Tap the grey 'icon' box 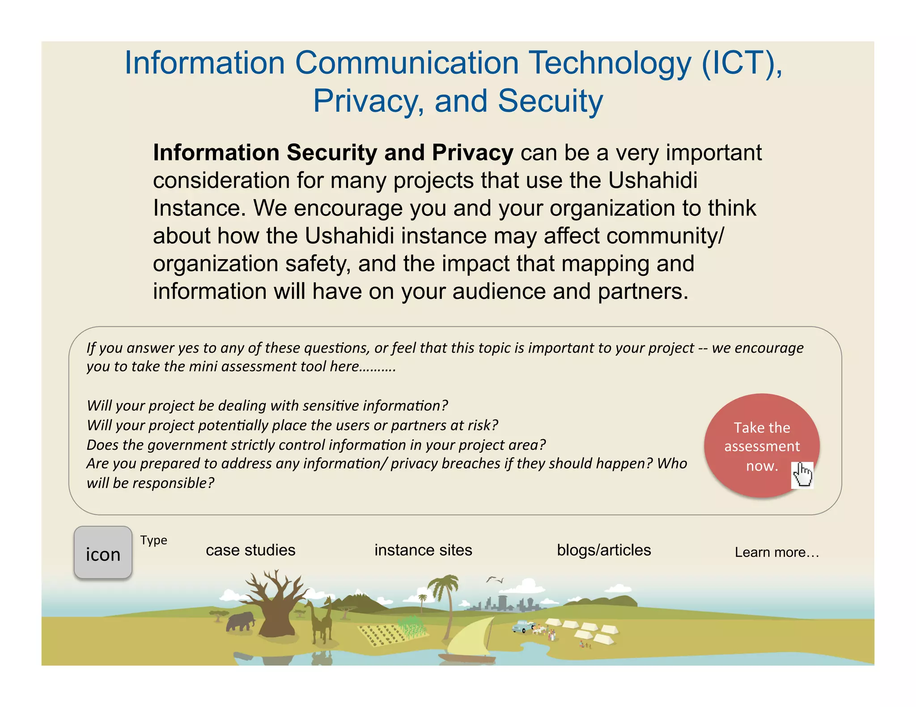point(103,553)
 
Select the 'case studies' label point(250,550)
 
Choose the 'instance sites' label point(423,550)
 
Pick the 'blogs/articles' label point(604,550)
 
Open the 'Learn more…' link point(776,552)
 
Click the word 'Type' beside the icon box point(153,540)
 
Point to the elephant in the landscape point(241,622)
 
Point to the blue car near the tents point(522,627)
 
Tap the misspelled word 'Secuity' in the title point(550,101)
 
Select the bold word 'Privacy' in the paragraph point(472,153)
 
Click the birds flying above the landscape point(495,580)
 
